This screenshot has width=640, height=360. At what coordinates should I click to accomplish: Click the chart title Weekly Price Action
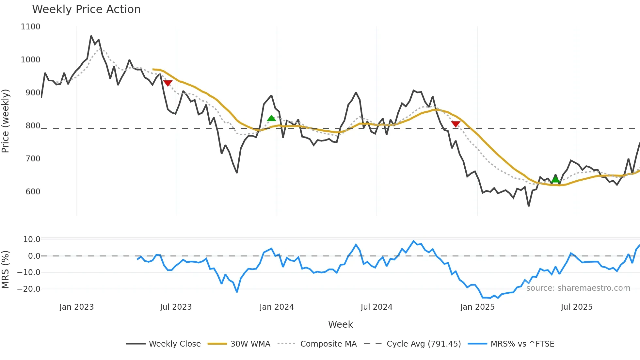(x=86, y=9)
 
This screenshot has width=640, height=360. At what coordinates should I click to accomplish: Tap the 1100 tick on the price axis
(x=30, y=27)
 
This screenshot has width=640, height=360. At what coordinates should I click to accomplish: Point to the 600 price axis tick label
(x=33, y=192)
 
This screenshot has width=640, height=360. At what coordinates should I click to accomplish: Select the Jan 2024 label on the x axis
(x=277, y=307)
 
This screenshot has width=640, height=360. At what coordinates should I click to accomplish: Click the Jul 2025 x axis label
(x=576, y=307)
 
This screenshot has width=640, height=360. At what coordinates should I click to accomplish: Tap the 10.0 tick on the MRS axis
(x=32, y=239)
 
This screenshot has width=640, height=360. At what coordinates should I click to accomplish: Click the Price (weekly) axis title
(x=6, y=121)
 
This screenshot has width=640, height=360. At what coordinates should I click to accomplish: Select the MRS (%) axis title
(x=6, y=270)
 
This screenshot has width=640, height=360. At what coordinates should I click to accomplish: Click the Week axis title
(x=340, y=324)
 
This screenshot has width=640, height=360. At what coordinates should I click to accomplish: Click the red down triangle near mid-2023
(x=168, y=83)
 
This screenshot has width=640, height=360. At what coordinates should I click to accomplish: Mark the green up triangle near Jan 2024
(x=271, y=118)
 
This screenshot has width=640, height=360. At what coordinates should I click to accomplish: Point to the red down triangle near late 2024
(x=456, y=124)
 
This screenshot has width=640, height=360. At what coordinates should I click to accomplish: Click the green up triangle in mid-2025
(x=555, y=179)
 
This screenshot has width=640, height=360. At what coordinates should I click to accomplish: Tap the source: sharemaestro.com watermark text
(x=578, y=288)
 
